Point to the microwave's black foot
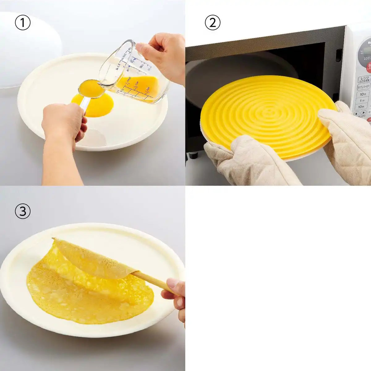pyautogui.click(x=194, y=155)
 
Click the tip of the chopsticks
pyautogui.click(x=54, y=239)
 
